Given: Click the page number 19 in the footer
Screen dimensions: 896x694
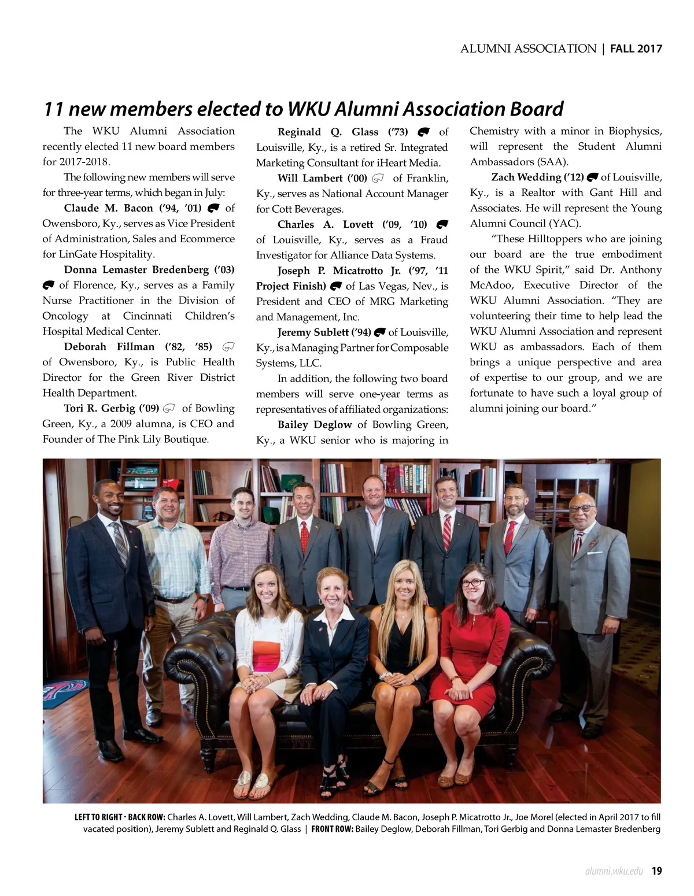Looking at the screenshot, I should point(656,871).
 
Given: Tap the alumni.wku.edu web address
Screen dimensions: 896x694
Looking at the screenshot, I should point(614,871).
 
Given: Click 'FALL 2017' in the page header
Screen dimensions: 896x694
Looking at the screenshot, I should point(636,49).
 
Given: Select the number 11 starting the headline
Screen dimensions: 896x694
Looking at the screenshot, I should point(53,109).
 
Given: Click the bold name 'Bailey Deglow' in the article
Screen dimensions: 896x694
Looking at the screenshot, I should point(315,425).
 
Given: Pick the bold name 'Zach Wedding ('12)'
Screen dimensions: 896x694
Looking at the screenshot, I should point(537,177).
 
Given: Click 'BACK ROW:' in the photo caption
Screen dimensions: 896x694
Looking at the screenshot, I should point(147,817).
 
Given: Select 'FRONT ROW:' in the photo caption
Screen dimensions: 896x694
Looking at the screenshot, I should point(332,829).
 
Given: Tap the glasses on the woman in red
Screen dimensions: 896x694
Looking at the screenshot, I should point(472,583).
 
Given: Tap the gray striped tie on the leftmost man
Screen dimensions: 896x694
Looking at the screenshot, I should point(120,543).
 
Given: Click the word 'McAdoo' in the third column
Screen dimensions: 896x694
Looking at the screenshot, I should point(490,286).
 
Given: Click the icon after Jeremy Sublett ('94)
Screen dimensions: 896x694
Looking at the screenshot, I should point(379,332).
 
